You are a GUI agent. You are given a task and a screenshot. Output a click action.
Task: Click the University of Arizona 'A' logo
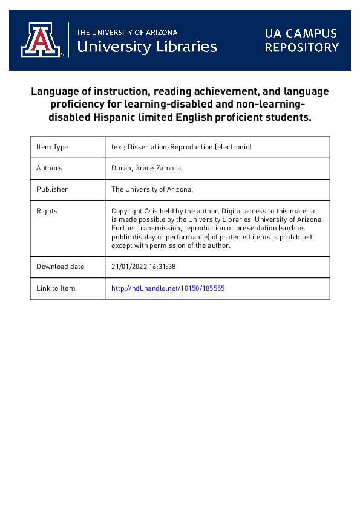(41, 40)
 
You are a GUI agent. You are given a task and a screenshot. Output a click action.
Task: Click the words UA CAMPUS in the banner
(300, 33)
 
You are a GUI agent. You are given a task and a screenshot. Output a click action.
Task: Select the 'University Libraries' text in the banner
(147, 46)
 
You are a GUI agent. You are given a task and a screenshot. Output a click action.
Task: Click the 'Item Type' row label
(52, 147)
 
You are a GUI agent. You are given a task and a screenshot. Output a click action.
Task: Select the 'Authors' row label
(49, 168)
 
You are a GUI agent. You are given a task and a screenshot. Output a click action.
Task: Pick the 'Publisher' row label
(52, 189)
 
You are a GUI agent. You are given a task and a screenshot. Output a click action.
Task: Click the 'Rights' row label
(47, 211)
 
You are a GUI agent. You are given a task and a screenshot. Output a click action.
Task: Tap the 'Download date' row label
(60, 267)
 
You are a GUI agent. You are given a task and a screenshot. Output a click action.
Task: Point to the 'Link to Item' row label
(56, 288)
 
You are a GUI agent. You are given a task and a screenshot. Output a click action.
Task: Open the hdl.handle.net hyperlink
(168, 288)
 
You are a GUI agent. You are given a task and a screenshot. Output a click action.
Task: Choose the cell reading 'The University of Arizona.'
(152, 189)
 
